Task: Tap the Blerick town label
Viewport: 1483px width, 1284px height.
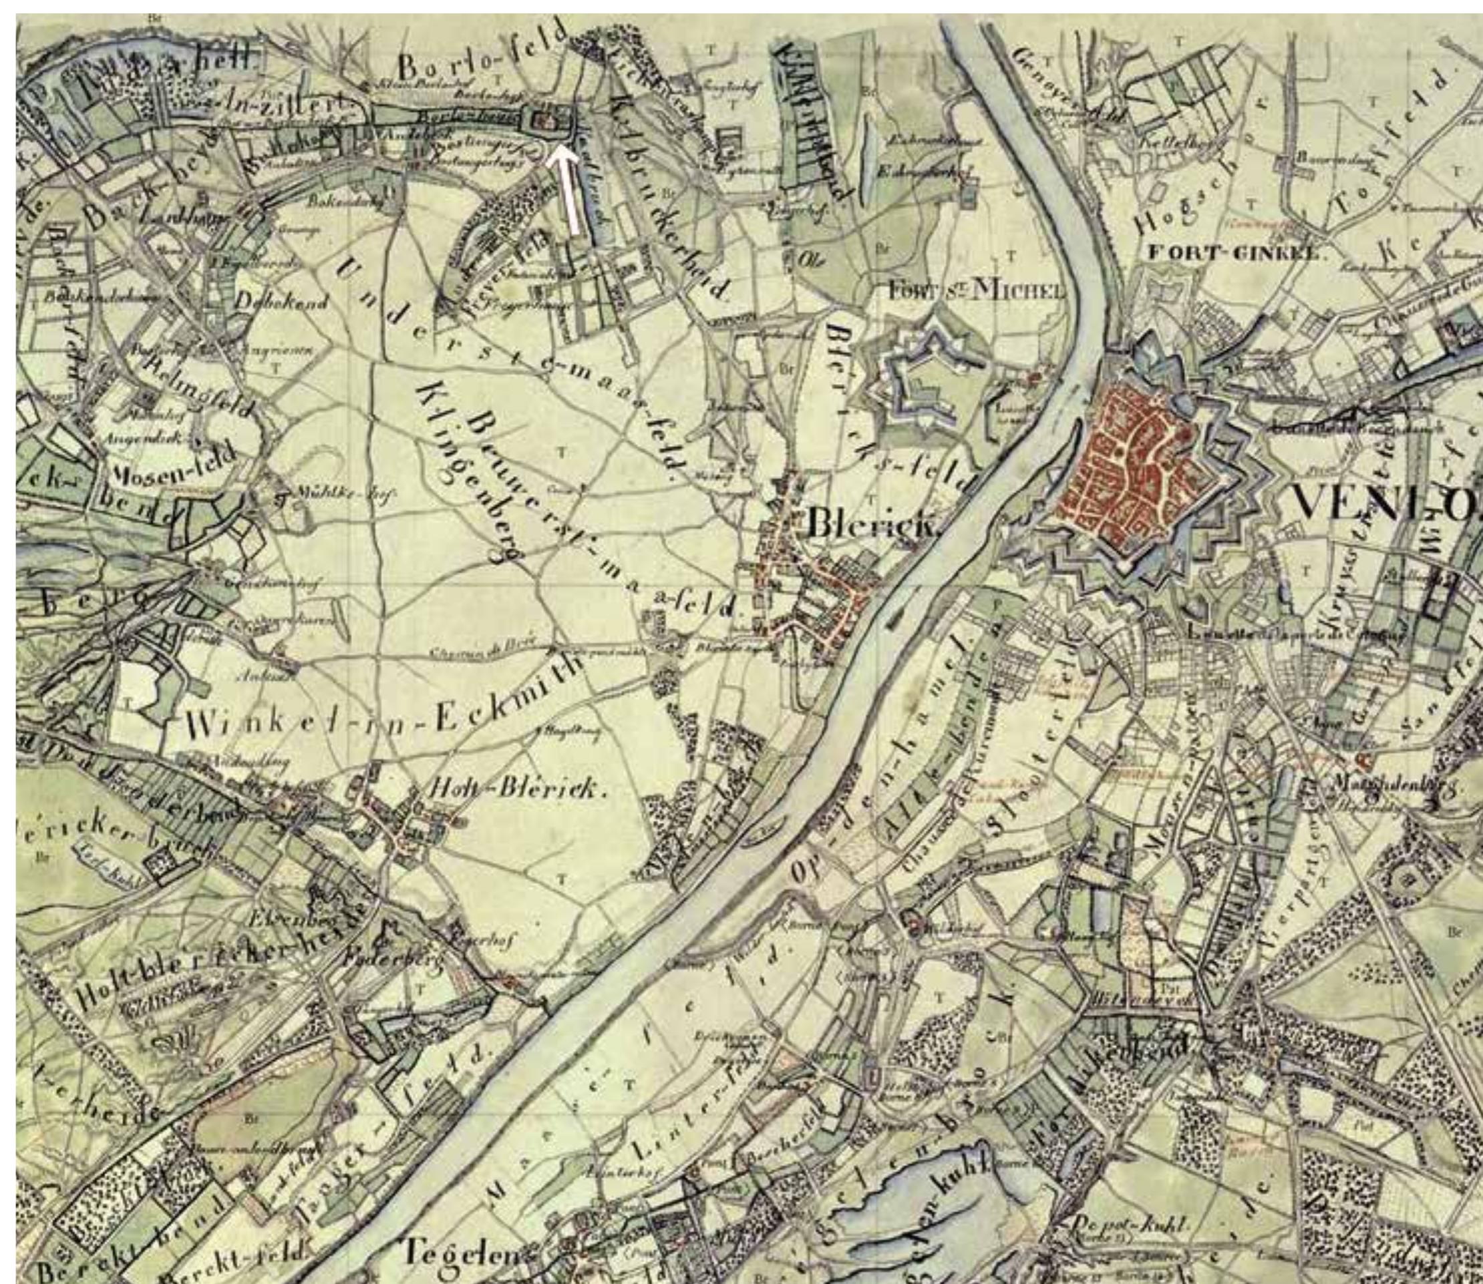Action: pos(872,525)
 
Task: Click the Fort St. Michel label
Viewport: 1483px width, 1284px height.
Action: pos(976,290)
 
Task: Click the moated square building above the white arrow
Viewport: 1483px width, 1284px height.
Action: pos(548,119)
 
